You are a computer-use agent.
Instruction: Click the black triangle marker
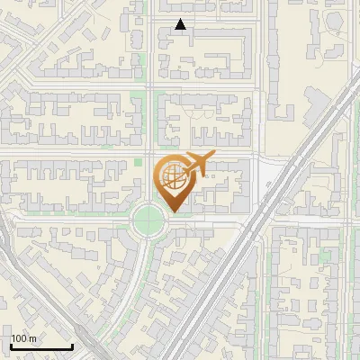pyautogui.click(x=181, y=24)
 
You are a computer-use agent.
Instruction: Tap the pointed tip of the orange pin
pyautogui.click(x=172, y=212)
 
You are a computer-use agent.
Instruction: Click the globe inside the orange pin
pyautogui.click(x=172, y=176)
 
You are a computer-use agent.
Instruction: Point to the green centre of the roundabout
pyautogui.click(x=148, y=218)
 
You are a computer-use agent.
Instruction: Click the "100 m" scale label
pyautogui.click(x=24, y=338)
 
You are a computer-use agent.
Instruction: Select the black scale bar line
pyautogui.click(x=41, y=346)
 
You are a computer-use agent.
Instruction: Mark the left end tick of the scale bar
pyautogui.click(x=11, y=345)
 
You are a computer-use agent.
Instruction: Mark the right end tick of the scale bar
pyautogui.click(x=72, y=345)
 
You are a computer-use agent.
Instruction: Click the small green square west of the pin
pyautogui.click(x=139, y=162)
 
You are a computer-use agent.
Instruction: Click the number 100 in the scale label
pyautogui.click(x=20, y=338)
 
